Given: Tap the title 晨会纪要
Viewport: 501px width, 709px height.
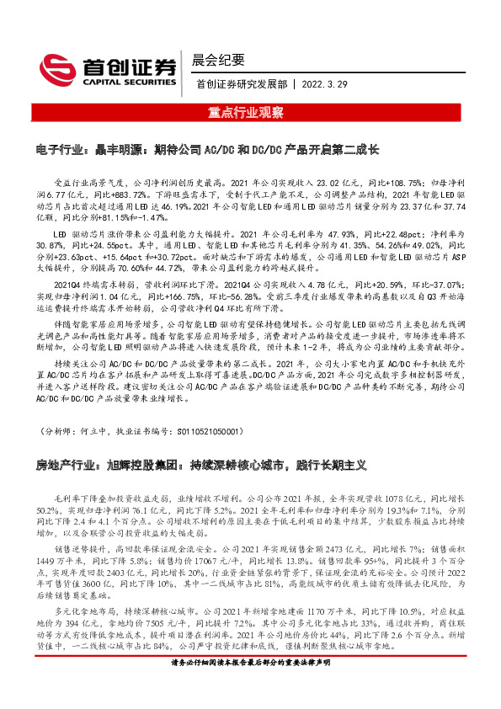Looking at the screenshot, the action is click(x=218, y=59).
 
